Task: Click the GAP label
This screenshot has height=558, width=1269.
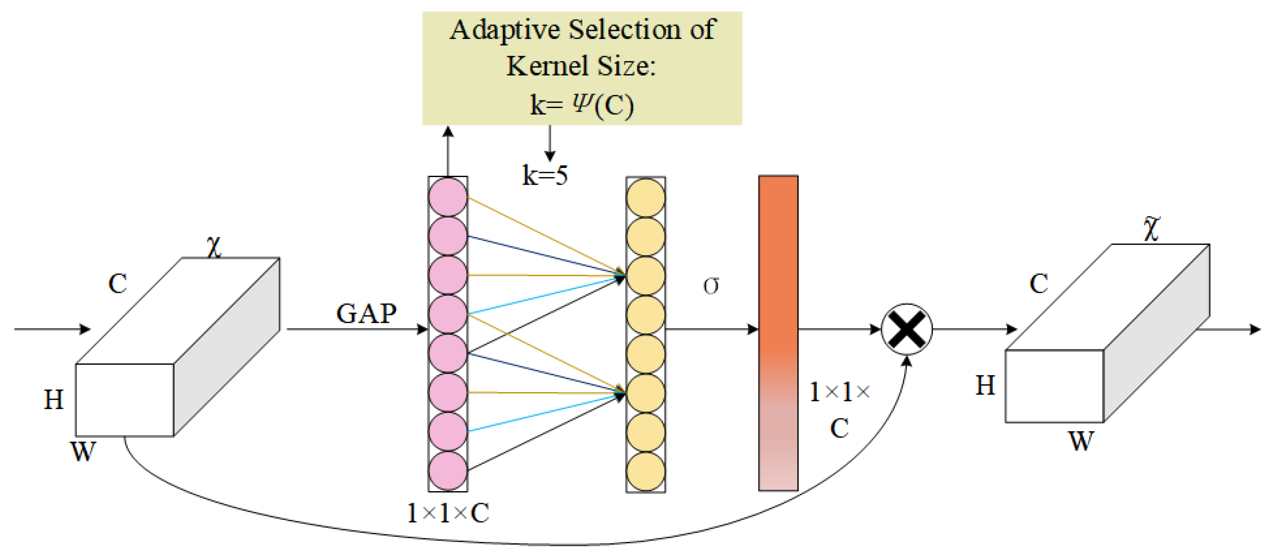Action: tap(366, 313)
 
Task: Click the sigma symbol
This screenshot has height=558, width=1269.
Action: tap(711, 285)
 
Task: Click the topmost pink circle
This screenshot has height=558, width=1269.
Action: tap(447, 197)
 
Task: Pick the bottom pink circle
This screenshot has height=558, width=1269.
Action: tap(447, 471)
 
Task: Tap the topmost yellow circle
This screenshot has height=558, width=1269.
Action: tap(645, 197)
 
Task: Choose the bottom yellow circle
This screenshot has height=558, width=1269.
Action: tap(645, 472)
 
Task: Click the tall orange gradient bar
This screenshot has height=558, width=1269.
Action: tap(778, 333)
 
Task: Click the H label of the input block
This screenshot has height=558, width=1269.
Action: tap(54, 400)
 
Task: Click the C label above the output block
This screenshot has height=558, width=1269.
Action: tap(1039, 284)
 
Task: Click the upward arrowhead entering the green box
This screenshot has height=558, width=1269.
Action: tap(448, 132)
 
